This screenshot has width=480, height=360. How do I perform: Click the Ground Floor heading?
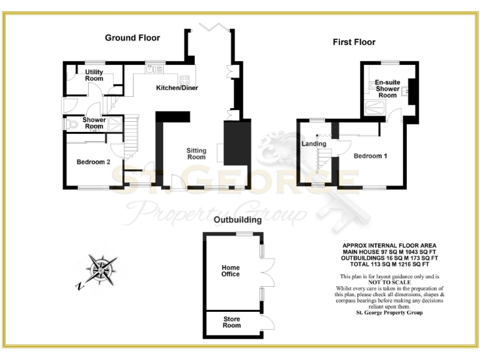(x=132, y=38)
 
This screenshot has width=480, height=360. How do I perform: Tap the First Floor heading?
(x=354, y=42)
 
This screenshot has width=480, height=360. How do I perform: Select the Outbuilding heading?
(x=237, y=220)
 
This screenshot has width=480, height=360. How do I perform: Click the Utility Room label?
(x=94, y=76)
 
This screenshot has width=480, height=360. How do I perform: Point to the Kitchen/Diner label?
(x=177, y=88)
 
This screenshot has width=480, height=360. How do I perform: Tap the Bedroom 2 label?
(x=93, y=162)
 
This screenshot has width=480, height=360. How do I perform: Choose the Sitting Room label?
(x=196, y=154)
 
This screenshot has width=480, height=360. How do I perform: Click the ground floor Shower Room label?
(x=94, y=123)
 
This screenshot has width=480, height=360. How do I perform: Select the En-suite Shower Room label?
(x=387, y=89)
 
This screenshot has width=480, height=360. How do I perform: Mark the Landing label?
(x=314, y=144)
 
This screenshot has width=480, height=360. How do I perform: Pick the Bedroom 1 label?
(x=370, y=156)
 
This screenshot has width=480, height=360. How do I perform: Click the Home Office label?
(x=231, y=271)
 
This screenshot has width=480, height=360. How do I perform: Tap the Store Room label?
(x=232, y=322)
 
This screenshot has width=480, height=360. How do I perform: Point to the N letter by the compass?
(x=79, y=287)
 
